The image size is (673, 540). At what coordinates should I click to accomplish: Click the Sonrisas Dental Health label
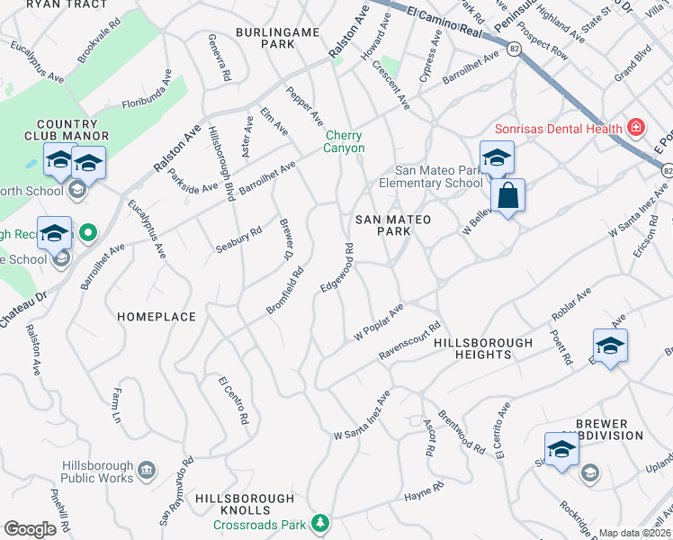pos(558,129)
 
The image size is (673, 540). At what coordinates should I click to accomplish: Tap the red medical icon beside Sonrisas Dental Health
pos(636,128)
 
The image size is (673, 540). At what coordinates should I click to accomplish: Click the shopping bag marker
pos(507,196)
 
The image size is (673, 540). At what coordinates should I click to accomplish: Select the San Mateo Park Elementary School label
pos(440,176)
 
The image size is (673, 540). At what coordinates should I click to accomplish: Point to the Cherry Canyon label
pos(345,141)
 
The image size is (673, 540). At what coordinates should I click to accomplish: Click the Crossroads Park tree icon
pos(319,523)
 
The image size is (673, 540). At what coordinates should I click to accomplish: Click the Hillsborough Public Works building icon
pos(147,471)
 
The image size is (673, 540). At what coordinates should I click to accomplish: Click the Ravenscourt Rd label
pos(409,342)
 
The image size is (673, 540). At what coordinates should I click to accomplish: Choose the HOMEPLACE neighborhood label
pos(157,317)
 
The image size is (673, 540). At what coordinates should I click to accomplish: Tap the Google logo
pos(30,529)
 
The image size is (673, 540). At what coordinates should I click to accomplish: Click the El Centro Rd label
pos(232,400)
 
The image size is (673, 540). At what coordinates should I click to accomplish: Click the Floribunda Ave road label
pos(147,94)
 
